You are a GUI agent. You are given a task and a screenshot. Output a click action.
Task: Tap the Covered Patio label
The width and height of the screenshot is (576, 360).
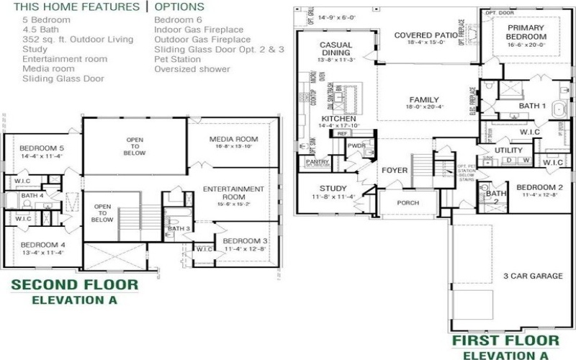tap(425, 35)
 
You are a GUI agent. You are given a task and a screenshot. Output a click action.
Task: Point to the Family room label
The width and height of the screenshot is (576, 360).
tap(424, 100)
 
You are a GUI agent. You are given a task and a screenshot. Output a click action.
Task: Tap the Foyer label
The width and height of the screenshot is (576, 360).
tap(395, 171)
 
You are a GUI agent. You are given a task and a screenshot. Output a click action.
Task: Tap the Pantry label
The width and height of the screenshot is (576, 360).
tap(318, 163)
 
